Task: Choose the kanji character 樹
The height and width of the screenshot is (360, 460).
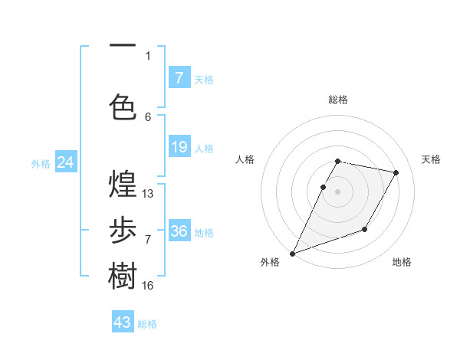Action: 123,276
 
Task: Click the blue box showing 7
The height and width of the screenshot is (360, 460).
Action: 179,77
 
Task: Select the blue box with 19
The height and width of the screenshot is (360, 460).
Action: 179,146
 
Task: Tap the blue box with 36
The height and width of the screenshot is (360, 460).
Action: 179,231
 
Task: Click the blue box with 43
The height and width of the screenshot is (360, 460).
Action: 123,322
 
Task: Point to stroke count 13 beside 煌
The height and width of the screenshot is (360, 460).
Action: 148,193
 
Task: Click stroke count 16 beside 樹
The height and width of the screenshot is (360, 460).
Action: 148,285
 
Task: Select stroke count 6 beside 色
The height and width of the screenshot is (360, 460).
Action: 148,116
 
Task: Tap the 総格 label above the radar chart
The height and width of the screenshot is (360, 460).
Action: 338,100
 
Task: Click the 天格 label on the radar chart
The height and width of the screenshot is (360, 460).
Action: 432,159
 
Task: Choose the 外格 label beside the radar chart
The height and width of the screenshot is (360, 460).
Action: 270,262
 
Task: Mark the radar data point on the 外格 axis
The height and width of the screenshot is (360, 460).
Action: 292,253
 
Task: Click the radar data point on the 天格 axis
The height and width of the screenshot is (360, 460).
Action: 396,173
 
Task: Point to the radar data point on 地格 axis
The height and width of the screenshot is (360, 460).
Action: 365,229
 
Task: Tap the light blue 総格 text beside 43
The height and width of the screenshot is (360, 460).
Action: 147,324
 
